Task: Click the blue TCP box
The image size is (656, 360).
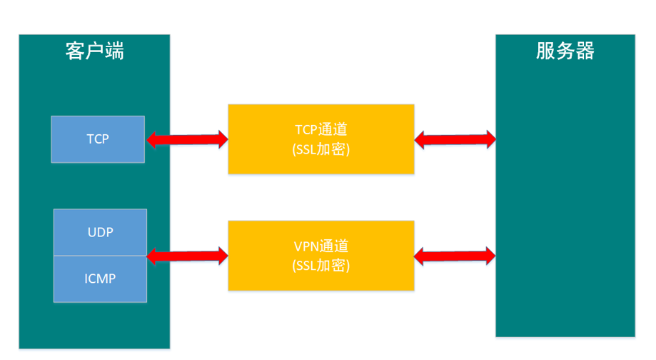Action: tap(98, 139)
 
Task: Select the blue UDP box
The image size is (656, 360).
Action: tap(101, 232)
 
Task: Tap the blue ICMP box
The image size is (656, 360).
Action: tap(101, 279)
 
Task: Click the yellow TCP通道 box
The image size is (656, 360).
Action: tap(321, 139)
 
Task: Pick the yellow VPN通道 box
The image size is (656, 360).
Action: tap(321, 255)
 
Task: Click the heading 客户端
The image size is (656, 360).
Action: tap(94, 51)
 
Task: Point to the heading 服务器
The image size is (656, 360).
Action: tap(565, 51)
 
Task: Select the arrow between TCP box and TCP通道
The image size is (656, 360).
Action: tap(186, 139)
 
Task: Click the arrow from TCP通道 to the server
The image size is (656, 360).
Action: tap(455, 139)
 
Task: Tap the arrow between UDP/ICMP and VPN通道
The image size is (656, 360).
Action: tap(186, 254)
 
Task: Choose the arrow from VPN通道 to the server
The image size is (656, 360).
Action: tap(455, 255)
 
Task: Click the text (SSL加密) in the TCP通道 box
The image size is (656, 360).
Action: tap(321, 150)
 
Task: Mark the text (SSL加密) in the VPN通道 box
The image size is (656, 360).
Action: tap(321, 266)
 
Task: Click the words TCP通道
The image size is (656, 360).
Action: tap(321, 130)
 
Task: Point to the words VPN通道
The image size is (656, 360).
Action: tap(321, 246)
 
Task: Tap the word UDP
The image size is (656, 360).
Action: tap(101, 232)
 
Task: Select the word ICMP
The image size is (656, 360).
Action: tap(101, 279)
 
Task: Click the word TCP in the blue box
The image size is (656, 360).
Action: tap(98, 139)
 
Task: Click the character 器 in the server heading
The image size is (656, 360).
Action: tap(585, 51)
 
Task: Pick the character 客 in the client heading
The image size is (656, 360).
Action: tap(75, 51)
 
